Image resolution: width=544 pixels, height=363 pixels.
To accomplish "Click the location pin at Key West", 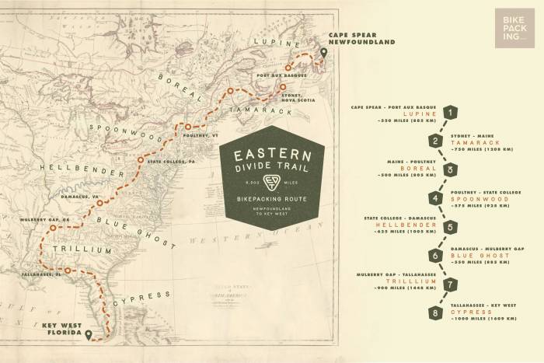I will point(89,334).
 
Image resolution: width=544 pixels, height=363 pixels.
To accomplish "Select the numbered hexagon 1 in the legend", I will point(448,113).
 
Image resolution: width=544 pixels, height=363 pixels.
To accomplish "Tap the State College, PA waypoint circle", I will point(141,161).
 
